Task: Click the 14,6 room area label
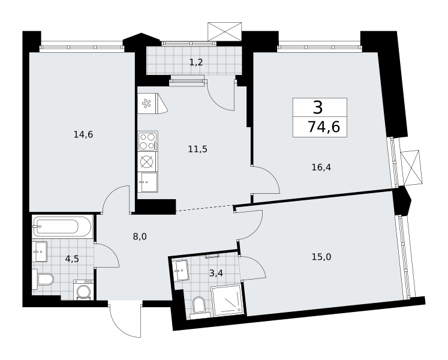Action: (83, 134)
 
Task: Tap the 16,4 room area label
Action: (321, 167)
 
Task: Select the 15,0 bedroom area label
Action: (321, 257)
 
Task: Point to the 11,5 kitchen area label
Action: (197, 149)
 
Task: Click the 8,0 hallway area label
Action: (140, 236)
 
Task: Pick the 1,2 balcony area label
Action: (196, 62)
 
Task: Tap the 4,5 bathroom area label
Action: (72, 259)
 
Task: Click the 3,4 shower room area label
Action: (216, 274)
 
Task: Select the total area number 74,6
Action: (324, 127)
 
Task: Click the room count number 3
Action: (318, 107)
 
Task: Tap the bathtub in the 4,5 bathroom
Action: (62, 227)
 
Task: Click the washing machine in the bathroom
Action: (83, 290)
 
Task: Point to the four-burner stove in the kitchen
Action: (148, 141)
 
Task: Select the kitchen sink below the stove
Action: (148, 182)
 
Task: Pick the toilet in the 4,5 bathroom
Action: (43, 279)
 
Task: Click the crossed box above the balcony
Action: (224, 31)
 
